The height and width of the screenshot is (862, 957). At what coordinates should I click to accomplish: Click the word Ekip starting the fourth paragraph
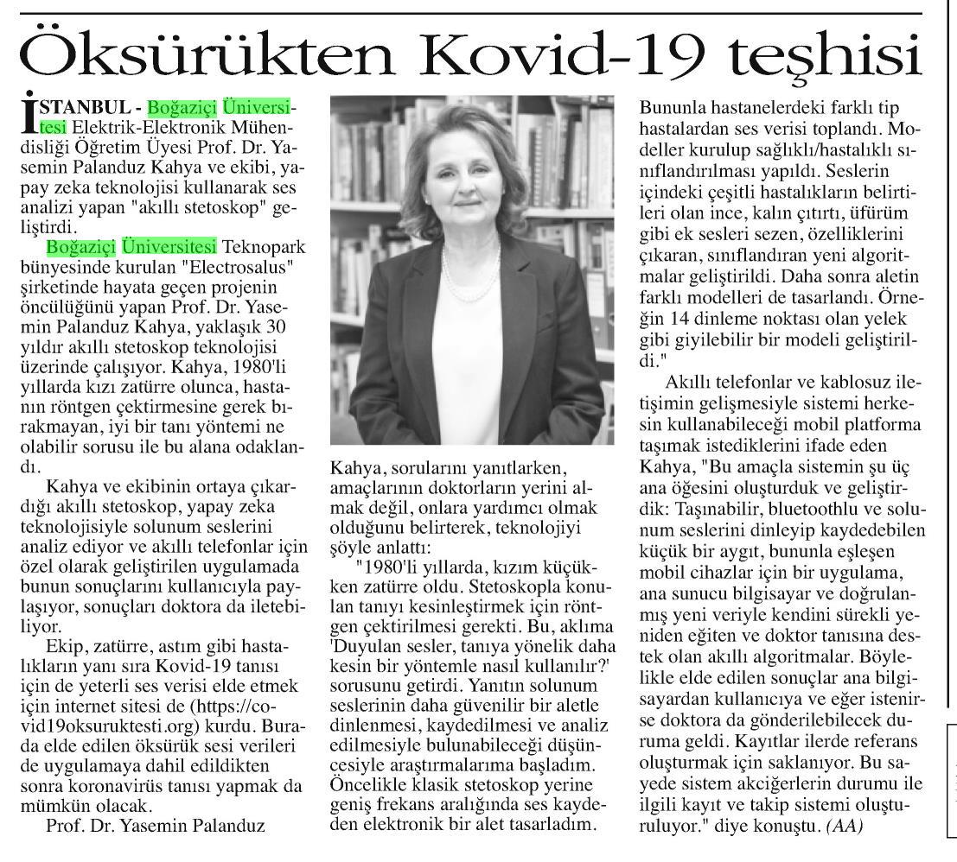coord(63,647)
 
